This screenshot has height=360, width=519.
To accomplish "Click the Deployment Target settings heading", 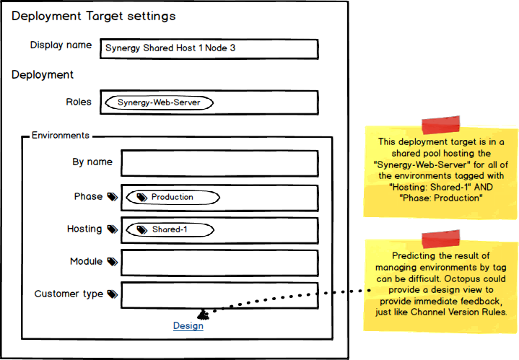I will tap(93, 16).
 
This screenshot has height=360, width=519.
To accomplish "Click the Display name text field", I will tap(209, 48).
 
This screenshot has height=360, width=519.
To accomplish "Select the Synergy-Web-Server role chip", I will tap(159, 103).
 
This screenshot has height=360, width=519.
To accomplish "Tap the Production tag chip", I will tap(173, 197).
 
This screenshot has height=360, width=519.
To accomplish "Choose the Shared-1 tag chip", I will tap(170, 230).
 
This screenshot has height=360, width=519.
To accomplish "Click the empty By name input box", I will tap(219, 163).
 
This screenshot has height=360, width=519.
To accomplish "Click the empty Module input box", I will tap(219, 263).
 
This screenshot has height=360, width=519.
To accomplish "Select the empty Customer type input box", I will tap(219, 294).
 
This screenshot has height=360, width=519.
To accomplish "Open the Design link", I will tap(188, 326).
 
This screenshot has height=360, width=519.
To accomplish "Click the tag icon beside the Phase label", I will tap(112, 196).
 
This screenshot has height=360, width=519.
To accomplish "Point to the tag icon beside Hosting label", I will tap(112, 229).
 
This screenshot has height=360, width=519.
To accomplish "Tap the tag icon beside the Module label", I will tap(112, 262).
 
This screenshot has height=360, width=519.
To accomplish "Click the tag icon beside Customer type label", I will tap(112, 294).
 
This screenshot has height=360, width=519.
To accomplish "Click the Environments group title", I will tap(61, 135).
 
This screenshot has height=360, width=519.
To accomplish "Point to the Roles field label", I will tap(79, 102).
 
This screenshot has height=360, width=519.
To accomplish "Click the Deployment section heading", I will tap(43, 74).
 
